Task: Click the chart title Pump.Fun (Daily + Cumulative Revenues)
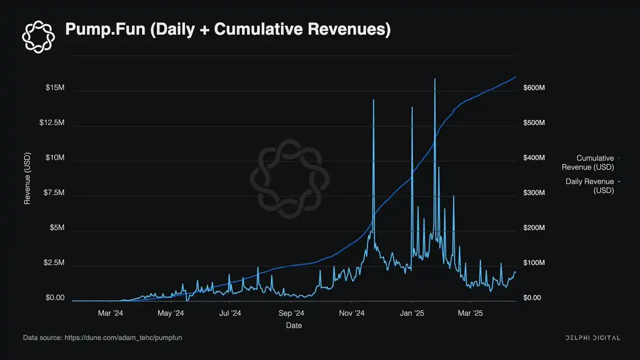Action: click(x=228, y=30)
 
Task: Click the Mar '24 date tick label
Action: click(x=110, y=314)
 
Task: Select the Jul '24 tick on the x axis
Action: click(x=230, y=314)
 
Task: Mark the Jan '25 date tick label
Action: click(x=412, y=314)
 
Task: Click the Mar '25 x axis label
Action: click(x=470, y=314)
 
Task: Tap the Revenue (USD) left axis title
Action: click(x=27, y=179)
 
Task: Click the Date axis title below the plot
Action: click(x=293, y=325)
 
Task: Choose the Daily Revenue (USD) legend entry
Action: click(x=589, y=186)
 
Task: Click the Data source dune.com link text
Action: click(x=106, y=338)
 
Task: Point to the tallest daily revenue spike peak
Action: click(x=435, y=79)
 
